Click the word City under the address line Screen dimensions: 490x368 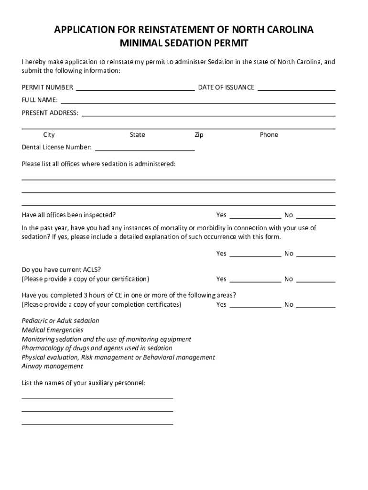click(x=49, y=135)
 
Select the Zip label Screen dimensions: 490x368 click(x=199, y=135)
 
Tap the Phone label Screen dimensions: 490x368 click(x=269, y=135)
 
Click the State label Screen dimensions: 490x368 click(x=137, y=135)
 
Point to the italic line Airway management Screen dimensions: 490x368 click(x=52, y=366)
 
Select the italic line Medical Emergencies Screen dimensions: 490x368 click(x=53, y=330)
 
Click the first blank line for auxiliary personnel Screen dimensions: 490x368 click(x=97, y=398)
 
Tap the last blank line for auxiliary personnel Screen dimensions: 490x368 click(x=97, y=423)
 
